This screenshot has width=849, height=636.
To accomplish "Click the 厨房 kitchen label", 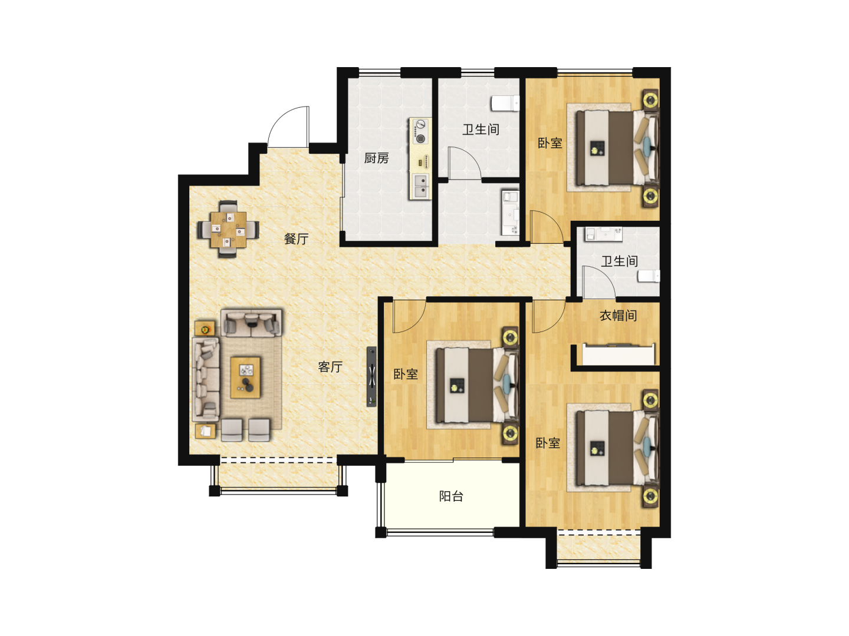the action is (376, 158).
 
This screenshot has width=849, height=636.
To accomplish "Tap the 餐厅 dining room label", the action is (296, 238).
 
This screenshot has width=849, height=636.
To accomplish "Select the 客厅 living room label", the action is (330, 366).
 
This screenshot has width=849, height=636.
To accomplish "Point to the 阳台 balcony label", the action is (451, 496).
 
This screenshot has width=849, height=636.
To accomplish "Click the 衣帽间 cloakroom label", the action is (618, 316).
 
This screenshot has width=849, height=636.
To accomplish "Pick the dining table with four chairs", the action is (228, 230).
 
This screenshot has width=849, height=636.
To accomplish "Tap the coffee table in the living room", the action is (245, 377).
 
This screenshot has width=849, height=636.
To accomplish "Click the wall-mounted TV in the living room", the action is (371, 376).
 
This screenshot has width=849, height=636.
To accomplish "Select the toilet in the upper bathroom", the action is (505, 103).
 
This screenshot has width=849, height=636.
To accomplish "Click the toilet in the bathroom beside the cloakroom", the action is (649, 277).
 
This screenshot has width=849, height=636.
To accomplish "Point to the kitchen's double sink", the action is (420, 185).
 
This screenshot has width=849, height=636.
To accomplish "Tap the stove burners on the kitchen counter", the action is (420, 131).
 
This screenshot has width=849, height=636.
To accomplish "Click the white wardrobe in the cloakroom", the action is (618, 354).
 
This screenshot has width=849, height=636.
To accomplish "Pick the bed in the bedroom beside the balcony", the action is (476, 385).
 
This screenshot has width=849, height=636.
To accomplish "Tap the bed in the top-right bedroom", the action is (617, 147).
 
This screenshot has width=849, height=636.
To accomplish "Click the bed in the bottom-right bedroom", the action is (617, 448).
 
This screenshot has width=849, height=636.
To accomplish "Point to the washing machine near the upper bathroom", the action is (510, 212).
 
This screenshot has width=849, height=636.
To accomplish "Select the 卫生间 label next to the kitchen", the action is (481, 130).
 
